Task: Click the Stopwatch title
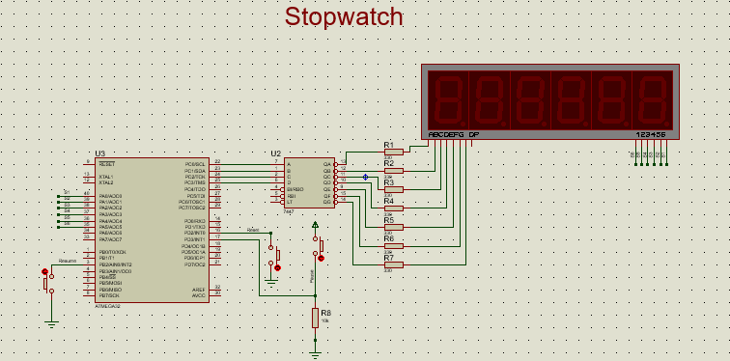tap(343, 17)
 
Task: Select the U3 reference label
tap(99, 153)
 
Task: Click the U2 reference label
tap(276, 153)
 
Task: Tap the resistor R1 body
tap(393, 153)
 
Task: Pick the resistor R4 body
tap(393, 208)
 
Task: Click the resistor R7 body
tap(393, 264)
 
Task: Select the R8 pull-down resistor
tap(315, 318)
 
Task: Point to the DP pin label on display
tap(474, 134)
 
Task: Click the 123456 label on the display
tap(651, 134)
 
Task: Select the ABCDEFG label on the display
tap(446, 134)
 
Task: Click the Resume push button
tap(45, 281)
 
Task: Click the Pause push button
tap(319, 247)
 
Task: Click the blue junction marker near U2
tap(365, 177)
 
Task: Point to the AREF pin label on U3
tap(198, 289)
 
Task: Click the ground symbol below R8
tap(315, 353)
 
